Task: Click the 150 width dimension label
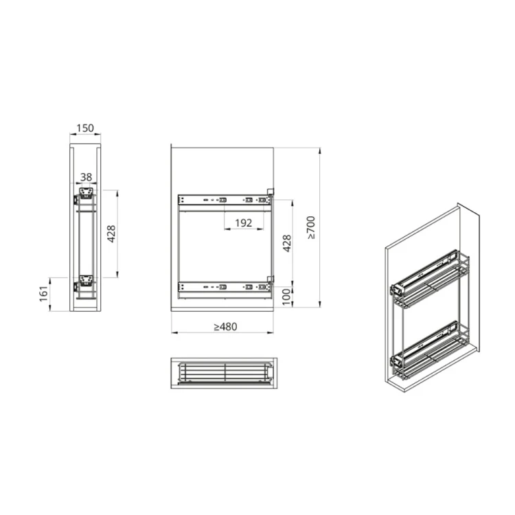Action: (85, 128)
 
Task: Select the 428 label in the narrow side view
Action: (111, 234)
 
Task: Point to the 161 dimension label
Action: (43, 294)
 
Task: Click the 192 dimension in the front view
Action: (244, 222)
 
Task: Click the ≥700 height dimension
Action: (311, 227)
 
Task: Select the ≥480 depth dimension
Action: (224, 327)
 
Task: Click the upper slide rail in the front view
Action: (224, 200)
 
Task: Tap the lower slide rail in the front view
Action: (224, 286)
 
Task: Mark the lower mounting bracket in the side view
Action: (86, 280)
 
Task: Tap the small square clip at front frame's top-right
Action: (271, 192)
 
